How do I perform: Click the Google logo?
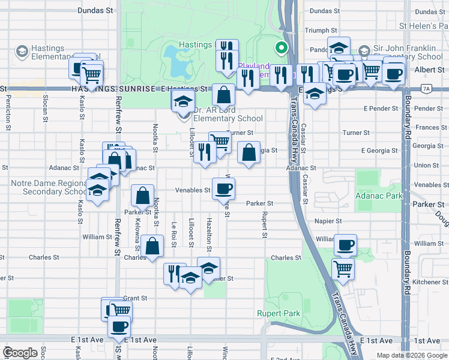[20, 353]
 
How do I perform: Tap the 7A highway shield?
[426, 88]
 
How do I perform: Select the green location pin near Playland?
[279, 48]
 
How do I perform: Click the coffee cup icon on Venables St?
[223, 189]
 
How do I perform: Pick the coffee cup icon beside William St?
[345, 245]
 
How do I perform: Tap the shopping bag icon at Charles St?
[153, 247]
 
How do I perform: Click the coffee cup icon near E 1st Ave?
[119, 326]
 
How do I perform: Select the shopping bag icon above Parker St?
[142, 196]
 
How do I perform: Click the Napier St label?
[328, 221]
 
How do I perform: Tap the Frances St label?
[427, 127]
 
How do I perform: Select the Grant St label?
[135, 298]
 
